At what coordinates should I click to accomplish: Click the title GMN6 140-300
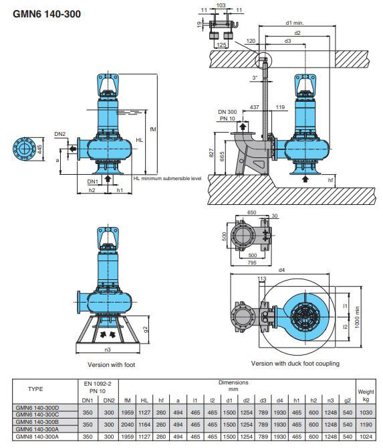tap(47, 13)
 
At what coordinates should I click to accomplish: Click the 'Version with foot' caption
tap(111, 364)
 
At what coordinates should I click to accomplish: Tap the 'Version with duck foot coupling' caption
tap(295, 364)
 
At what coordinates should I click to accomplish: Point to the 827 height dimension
tap(211, 153)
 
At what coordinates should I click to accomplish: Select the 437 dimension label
tap(254, 107)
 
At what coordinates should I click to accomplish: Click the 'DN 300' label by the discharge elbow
tap(227, 112)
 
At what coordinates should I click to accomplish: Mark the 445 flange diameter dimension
tap(39, 149)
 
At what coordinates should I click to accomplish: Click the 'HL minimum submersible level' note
tap(167, 178)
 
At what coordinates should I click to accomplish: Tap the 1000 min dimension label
tap(358, 317)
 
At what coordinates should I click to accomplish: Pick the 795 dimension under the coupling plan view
tap(252, 263)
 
